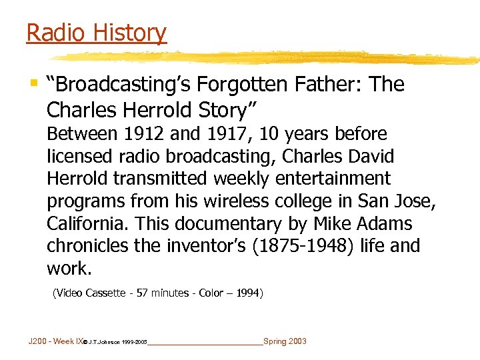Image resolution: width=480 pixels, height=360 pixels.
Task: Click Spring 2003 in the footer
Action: click(285, 341)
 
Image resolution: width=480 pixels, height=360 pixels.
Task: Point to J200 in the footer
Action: click(38, 341)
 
